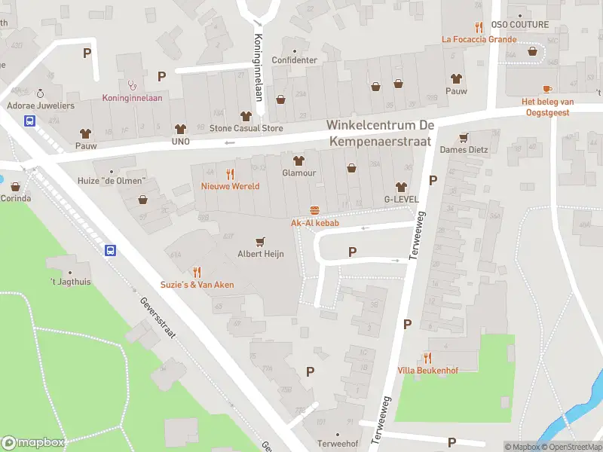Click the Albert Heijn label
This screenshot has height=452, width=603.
click(261, 255)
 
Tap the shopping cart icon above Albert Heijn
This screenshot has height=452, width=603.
click(261, 242)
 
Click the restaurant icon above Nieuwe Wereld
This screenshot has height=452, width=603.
click(230, 173)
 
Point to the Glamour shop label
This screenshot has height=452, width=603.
click(298, 173)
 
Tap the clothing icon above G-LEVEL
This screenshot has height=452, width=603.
click(400, 187)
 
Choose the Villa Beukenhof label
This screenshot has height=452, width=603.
click(427, 371)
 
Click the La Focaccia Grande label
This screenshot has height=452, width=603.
click(479, 39)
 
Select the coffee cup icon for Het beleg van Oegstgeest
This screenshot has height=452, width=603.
click(547, 88)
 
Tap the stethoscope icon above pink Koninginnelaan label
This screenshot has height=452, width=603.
click(133, 85)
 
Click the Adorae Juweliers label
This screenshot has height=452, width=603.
click(41, 106)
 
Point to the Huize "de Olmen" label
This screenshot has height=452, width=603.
click(111, 182)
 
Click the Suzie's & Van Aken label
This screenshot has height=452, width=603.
click(197, 285)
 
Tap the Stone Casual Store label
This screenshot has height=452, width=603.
click(246, 129)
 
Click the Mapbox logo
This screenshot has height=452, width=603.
click(33, 443)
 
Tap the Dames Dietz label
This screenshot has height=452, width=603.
click(464, 150)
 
